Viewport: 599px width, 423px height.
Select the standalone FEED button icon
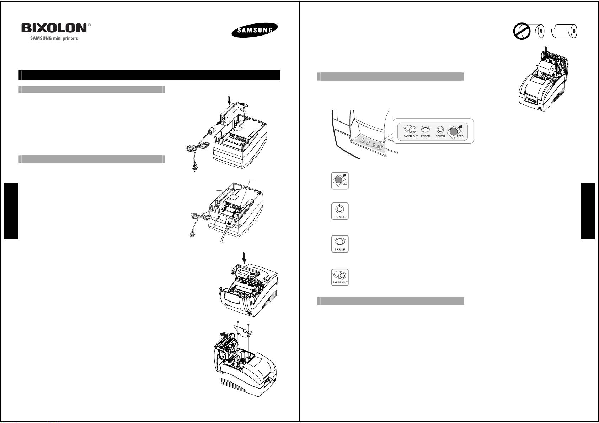coord(340,181)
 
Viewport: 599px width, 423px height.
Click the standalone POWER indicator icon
coord(340,211)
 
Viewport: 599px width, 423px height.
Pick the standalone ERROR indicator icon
coord(340,244)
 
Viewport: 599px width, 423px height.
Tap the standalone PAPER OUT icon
coord(340,277)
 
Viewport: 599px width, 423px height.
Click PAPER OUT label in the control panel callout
coord(411,136)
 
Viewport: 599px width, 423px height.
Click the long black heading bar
coord(149,75)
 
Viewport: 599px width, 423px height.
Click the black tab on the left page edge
coord(11,211)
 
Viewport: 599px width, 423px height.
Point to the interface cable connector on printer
coord(230,223)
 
